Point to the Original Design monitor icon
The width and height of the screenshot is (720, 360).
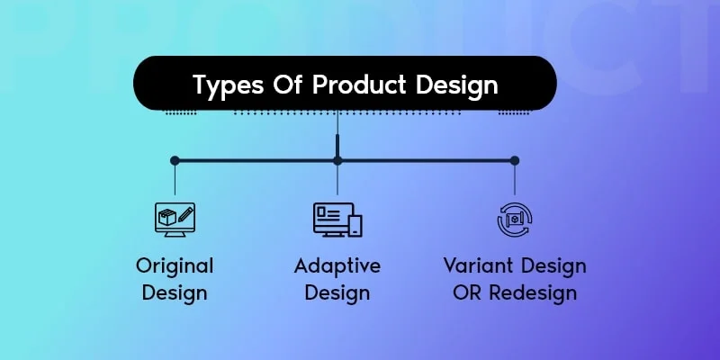(x=175, y=220)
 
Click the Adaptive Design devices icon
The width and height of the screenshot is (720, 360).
(x=337, y=220)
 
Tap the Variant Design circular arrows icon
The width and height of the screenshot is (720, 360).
(x=515, y=220)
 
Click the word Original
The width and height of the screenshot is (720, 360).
(x=175, y=266)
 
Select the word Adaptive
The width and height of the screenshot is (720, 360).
(x=337, y=266)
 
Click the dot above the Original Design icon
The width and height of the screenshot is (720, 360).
(x=175, y=161)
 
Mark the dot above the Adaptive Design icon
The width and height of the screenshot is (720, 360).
(x=337, y=161)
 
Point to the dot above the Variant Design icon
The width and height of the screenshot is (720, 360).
(x=515, y=161)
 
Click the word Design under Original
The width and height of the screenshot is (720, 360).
(x=175, y=292)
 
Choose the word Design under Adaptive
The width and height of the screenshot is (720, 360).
(x=337, y=292)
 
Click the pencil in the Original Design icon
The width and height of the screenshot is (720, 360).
(x=184, y=215)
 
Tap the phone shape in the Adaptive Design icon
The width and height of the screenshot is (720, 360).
(x=355, y=223)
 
